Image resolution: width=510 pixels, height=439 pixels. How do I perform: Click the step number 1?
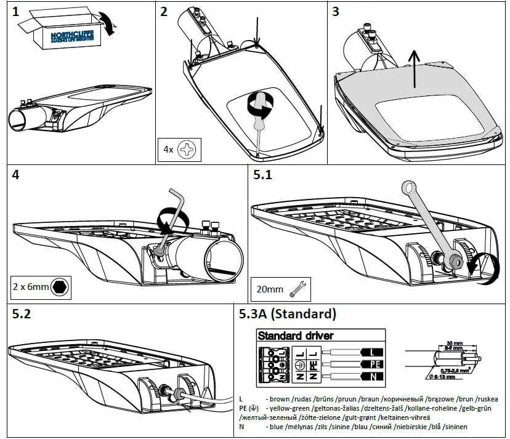coord(16,12)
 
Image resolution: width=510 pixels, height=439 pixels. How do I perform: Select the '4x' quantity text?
coord(167,149)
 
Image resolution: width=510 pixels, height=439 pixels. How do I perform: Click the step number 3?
coord(336,12)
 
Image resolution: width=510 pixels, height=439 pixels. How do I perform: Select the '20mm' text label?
coord(269,287)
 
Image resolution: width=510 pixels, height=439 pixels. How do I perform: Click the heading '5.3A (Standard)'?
coord(287,314)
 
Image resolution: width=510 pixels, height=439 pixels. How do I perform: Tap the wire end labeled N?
coord(374,376)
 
